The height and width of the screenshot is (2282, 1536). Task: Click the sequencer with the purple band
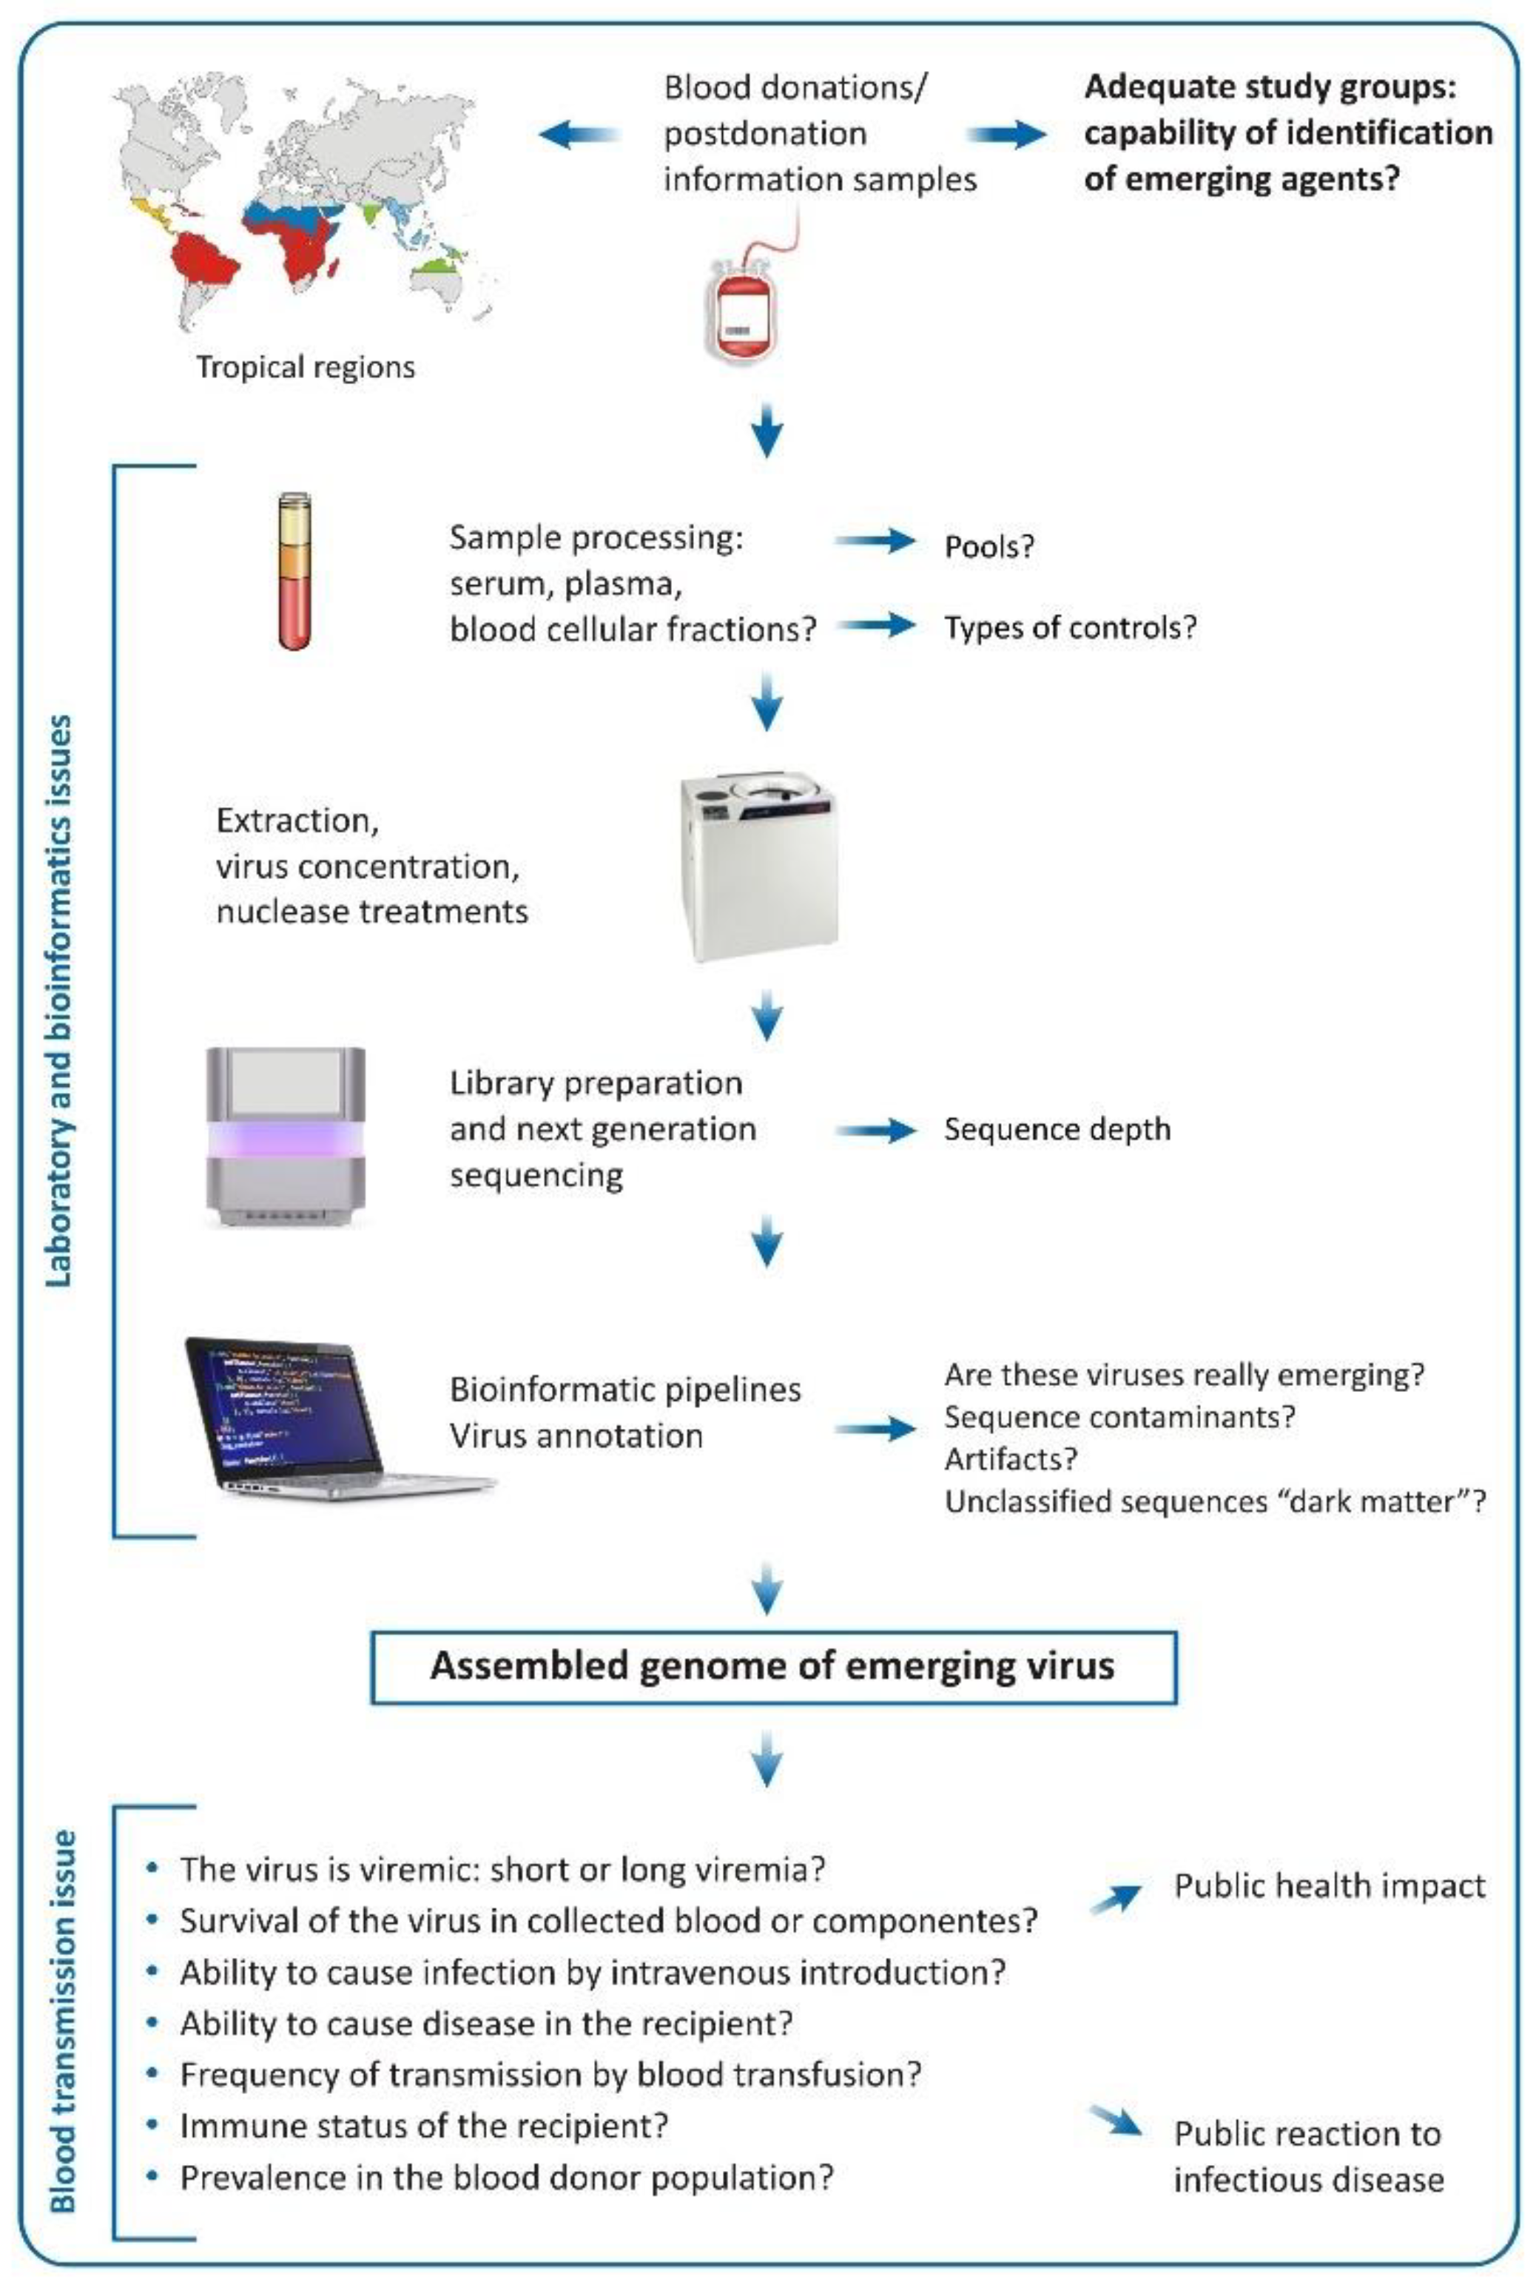285,1135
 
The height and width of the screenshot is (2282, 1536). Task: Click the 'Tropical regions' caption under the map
306,367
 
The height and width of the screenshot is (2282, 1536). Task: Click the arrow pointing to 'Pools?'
875,539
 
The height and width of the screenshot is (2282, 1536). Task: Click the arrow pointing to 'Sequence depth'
875,1130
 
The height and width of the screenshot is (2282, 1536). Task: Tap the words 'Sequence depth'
1057,1129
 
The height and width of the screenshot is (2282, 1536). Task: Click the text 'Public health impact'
1330,1886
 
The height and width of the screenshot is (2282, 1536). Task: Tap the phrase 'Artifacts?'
1010,1458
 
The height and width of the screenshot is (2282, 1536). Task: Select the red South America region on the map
206,260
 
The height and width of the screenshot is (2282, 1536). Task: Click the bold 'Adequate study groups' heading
1270,87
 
